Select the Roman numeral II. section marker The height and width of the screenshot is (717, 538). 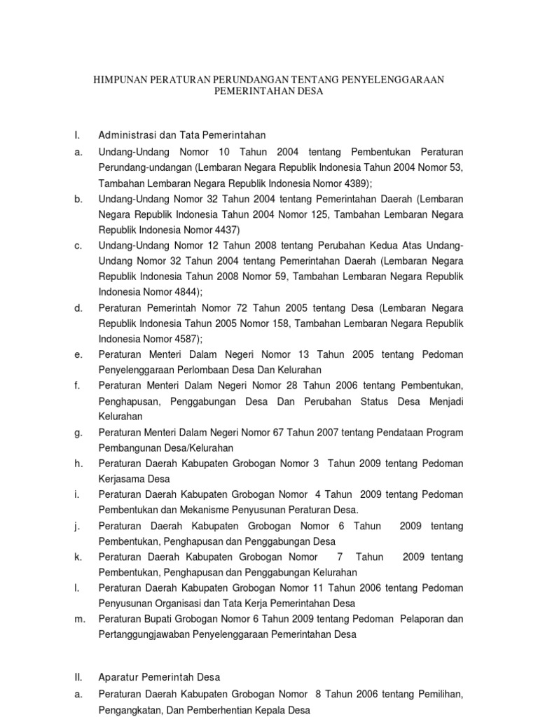tap(78, 677)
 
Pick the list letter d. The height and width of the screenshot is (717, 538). tap(78, 308)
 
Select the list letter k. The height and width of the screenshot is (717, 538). tap(78, 557)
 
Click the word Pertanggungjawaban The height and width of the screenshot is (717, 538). tap(147, 634)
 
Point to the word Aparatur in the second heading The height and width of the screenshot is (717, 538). tap(120, 677)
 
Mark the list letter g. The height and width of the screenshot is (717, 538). tap(78, 433)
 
